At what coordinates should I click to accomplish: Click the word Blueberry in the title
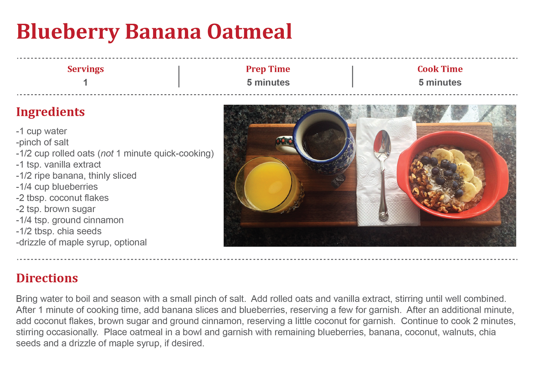68,32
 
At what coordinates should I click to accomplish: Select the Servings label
85,69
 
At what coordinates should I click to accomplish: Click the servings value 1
85,83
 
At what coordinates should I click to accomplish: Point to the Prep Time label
268,69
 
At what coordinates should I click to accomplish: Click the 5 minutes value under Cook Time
440,82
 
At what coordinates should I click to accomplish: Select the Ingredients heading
50,112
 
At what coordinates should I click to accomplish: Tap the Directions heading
47,278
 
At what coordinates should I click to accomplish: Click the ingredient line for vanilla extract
58,165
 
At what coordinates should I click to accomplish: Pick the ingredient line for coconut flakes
62,198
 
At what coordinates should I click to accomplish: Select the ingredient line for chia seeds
59,231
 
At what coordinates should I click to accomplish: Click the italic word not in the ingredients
107,154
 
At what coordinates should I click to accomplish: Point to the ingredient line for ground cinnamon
70,220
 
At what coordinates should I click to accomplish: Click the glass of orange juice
269,185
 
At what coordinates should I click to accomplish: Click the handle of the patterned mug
285,144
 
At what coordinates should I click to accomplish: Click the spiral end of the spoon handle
384,216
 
